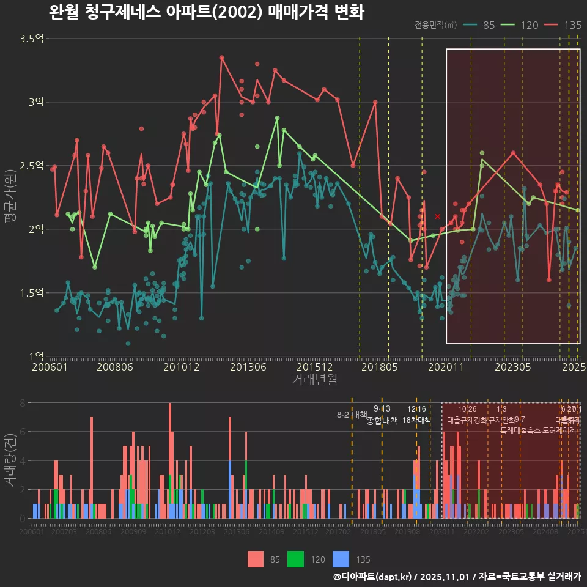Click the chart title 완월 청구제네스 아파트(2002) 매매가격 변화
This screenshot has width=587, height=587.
pyautogui.click(x=206, y=12)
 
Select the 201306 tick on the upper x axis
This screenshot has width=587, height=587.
pyautogui.click(x=248, y=367)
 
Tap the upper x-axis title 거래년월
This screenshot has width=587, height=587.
pyautogui.click(x=314, y=380)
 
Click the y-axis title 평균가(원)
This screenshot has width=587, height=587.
pyautogui.click(x=10, y=197)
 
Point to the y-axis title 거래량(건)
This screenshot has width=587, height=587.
pyautogui.click(x=10, y=460)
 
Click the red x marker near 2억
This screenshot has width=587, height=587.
pyautogui.click(x=437, y=216)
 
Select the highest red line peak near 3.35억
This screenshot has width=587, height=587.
pyautogui.click(x=221, y=57)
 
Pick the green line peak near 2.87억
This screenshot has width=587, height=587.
pyautogui.click(x=277, y=118)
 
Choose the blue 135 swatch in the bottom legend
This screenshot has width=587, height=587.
pyautogui.click(x=341, y=559)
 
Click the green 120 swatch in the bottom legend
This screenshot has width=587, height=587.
pyautogui.click(x=296, y=559)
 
